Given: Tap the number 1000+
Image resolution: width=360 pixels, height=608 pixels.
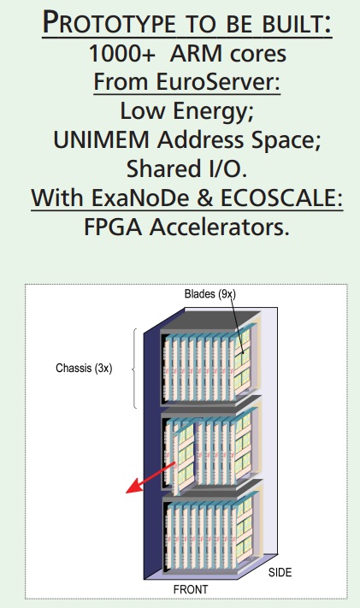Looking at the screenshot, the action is click(x=121, y=54).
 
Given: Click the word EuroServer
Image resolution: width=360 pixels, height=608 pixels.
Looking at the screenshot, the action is click(x=218, y=82).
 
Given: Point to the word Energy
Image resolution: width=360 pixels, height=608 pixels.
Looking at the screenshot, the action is click(x=213, y=111).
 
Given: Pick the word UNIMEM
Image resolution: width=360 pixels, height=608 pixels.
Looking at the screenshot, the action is click(x=101, y=139).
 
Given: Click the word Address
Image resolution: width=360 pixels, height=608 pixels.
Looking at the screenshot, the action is click(x=201, y=139).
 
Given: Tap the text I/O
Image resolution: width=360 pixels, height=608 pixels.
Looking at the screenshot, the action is click(x=225, y=169).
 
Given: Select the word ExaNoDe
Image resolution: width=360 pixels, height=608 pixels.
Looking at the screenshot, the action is click(x=140, y=198).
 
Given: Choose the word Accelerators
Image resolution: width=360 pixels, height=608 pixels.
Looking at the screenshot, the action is click(x=220, y=227).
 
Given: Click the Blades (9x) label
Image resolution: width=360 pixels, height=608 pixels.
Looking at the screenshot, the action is click(x=210, y=294).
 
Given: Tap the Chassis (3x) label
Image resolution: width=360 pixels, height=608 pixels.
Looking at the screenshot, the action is click(x=84, y=368).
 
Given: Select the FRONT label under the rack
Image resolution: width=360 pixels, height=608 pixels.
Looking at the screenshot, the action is click(x=191, y=589).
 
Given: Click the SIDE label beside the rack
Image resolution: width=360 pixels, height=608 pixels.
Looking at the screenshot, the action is click(x=280, y=572).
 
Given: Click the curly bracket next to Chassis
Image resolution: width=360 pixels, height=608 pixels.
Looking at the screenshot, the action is click(x=134, y=369).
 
